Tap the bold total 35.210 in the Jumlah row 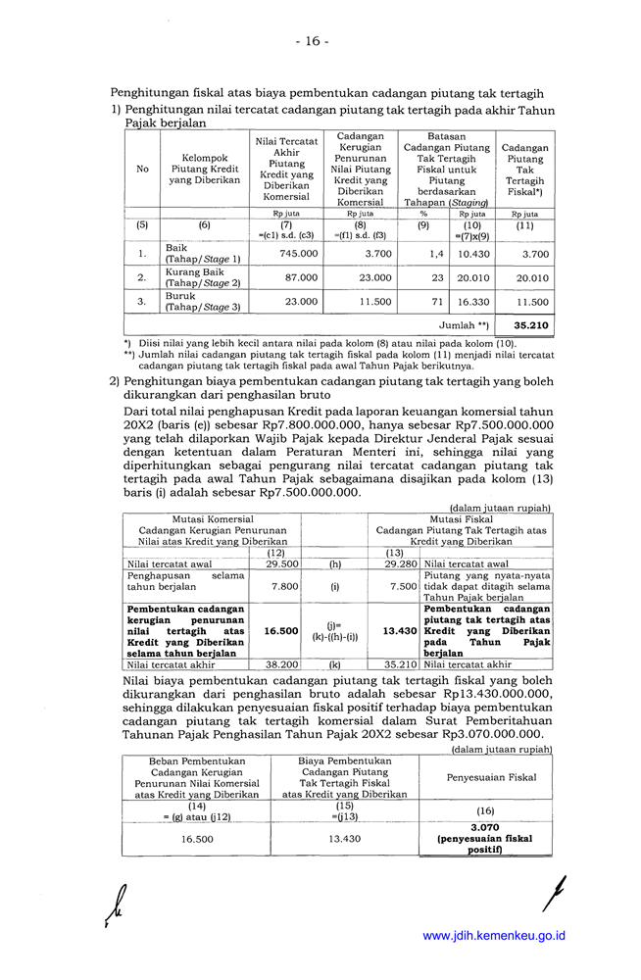[x=530, y=324]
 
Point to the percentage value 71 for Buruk [x=437, y=302]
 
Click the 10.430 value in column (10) [x=473, y=254]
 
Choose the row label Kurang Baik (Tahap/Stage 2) [x=195, y=277]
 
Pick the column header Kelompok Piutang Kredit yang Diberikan [x=205, y=169]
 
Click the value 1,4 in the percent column [x=437, y=254]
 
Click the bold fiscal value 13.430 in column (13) [x=400, y=632]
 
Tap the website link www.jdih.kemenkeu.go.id [x=494, y=936]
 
